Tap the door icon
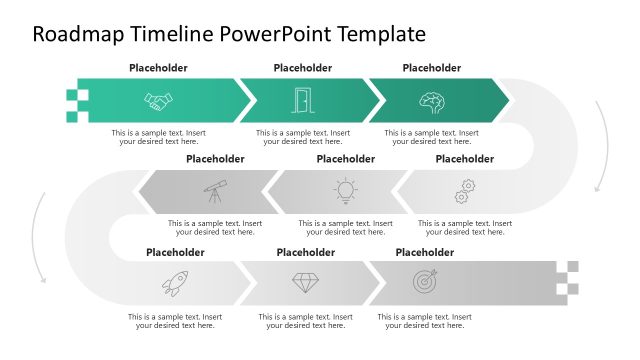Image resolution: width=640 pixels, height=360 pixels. click(x=302, y=101)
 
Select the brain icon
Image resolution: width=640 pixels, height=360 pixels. click(x=431, y=101)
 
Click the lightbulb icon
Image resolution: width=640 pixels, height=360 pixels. click(x=344, y=190)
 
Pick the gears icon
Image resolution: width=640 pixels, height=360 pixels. click(x=465, y=190)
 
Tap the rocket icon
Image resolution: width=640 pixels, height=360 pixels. click(x=174, y=283)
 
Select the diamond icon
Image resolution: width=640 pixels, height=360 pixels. click(x=305, y=283)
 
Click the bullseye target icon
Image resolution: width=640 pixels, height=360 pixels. click(x=425, y=282)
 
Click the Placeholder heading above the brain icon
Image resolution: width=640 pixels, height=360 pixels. click(x=431, y=68)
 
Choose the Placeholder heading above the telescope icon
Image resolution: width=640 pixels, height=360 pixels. click(x=215, y=158)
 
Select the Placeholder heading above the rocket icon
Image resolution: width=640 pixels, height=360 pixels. click(x=175, y=252)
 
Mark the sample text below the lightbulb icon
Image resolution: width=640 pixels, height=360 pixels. click(x=345, y=227)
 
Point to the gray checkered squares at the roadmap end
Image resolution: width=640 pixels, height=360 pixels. click(x=571, y=280)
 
